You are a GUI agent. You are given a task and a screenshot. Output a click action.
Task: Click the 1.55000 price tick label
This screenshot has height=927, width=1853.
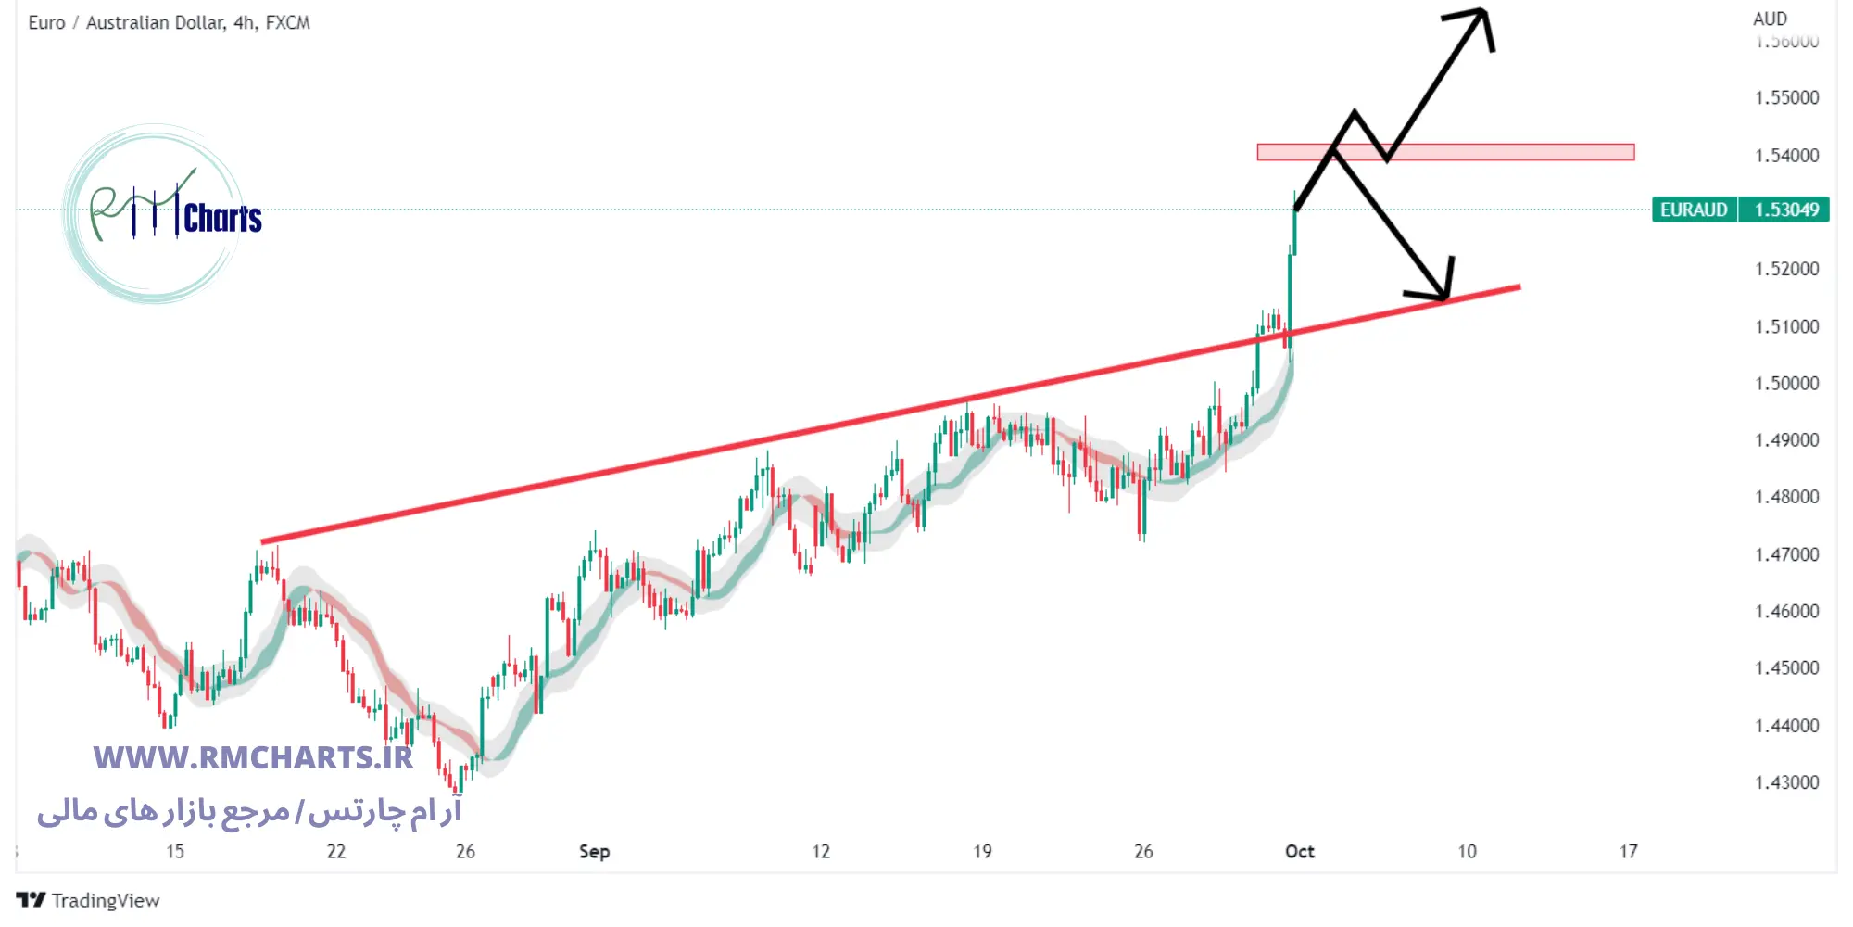[1786, 97]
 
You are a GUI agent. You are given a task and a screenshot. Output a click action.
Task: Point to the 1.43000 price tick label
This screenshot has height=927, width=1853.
[1786, 782]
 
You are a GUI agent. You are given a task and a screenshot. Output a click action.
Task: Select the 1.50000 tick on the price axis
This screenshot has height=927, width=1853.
[1786, 383]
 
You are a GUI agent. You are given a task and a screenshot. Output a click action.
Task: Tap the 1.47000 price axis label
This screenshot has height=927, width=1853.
[1786, 554]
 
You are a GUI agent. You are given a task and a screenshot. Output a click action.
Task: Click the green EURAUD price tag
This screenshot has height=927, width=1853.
[1694, 210]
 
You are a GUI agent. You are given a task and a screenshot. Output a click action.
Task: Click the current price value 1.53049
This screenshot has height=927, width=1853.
[1785, 210]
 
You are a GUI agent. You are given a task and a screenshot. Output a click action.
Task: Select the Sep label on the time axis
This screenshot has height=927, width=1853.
[594, 851]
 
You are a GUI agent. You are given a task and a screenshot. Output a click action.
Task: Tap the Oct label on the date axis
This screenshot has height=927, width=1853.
[1299, 851]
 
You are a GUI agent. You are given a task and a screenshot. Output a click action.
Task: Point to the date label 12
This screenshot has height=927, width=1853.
[821, 851]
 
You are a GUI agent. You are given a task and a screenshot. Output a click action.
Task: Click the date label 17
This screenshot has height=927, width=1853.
[1628, 851]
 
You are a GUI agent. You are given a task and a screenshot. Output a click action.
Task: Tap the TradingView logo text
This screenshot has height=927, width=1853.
[105, 900]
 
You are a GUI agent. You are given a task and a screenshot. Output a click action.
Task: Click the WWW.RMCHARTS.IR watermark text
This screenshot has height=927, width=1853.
[253, 757]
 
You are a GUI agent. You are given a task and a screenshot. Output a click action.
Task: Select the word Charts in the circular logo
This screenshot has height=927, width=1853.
[222, 219]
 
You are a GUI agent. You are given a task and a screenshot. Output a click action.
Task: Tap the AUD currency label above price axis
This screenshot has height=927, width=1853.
[1770, 19]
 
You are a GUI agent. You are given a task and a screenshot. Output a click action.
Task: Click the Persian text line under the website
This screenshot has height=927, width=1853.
[248, 811]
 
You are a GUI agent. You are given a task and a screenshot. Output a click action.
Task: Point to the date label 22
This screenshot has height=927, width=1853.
[335, 851]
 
